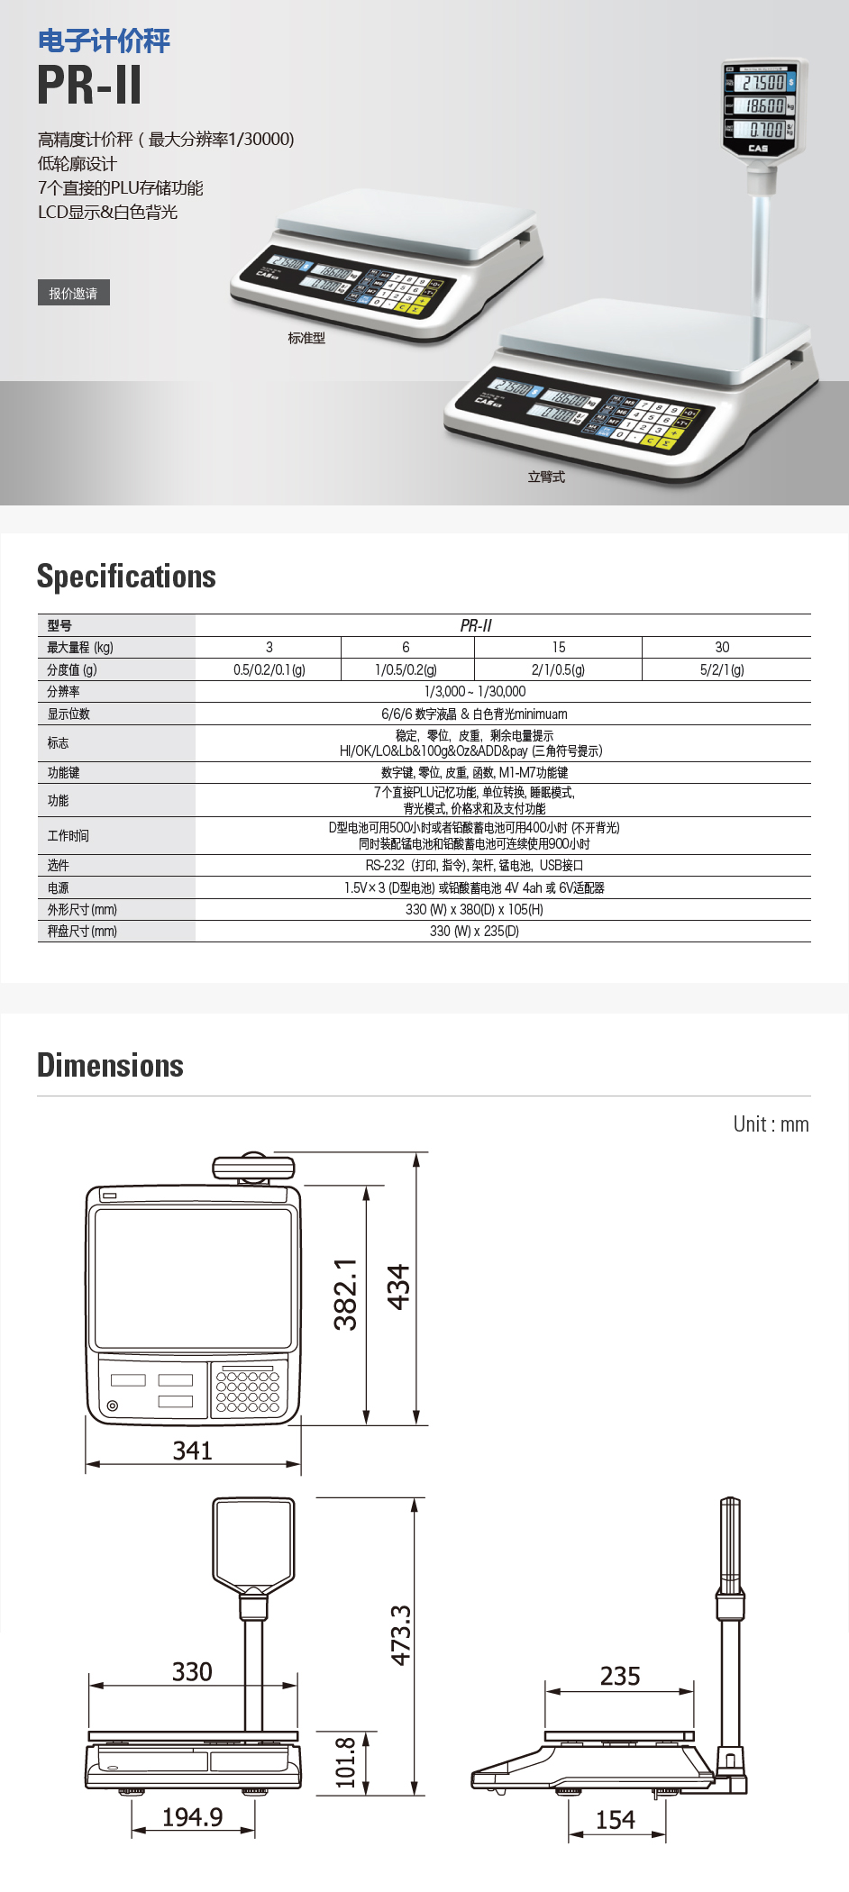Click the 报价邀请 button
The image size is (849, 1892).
[73, 293]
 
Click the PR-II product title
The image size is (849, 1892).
[89, 85]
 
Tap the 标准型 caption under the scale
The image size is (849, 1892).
[306, 338]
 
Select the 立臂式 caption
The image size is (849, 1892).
[546, 477]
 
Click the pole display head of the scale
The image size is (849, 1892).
[763, 107]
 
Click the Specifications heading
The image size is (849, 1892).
[126, 577]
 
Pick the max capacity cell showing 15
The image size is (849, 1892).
[559, 647]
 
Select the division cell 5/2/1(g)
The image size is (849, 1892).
[722, 669]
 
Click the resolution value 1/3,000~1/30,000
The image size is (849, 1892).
[475, 691]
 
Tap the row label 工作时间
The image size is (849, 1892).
[68, 835]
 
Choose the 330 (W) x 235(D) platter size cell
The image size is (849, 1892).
[474, 931]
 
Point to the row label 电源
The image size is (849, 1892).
[59, 887]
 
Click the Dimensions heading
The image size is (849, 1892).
[110, 1066]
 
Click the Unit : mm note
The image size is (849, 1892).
[771, 1124]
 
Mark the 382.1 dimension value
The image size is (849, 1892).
[346, 1295]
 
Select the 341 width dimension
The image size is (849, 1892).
[192, 1451]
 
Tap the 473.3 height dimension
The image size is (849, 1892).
[400, 1634]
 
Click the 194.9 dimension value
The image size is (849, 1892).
[192, 1817]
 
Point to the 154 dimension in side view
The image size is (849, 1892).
[616, 1820]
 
